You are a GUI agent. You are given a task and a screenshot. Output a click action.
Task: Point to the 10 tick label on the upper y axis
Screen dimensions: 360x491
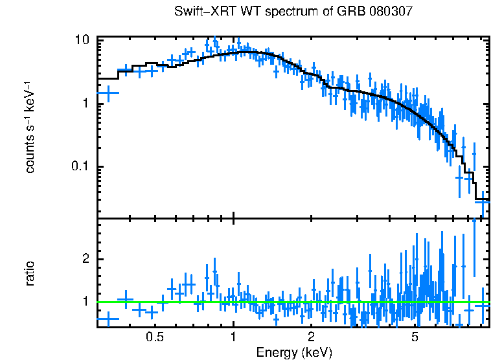[x=82, y=40]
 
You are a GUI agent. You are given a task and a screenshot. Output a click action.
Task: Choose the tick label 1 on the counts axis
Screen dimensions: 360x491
[x=86, y=104]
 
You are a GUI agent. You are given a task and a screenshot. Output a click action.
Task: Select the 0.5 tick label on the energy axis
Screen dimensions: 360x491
[x=154, y=337]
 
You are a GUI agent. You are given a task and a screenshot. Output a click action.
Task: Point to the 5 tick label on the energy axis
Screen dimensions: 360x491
[x=415, y=337]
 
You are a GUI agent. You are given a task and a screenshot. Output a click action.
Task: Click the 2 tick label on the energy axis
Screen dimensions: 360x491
[x=311, y=337]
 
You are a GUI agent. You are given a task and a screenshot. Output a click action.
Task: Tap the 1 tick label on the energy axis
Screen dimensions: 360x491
[x=233, y=337]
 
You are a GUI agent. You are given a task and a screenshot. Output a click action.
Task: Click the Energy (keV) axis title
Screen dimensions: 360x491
[x=294, y=352]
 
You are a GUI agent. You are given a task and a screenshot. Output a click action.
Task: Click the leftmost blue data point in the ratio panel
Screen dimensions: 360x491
[x=108, y=318]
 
